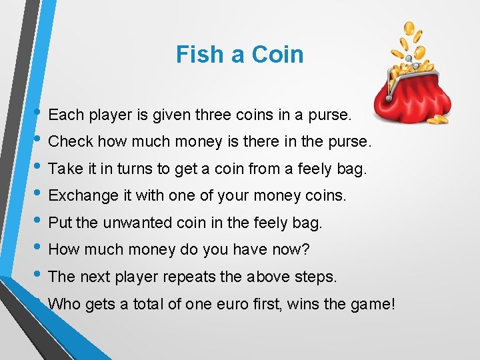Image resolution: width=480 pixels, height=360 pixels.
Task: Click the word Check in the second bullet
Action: click(x=69, y=141)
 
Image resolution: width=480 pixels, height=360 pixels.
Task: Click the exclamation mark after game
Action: click(x=393, y=304)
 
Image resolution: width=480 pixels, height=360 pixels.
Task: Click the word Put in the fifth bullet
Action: click(x=59, y=223)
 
